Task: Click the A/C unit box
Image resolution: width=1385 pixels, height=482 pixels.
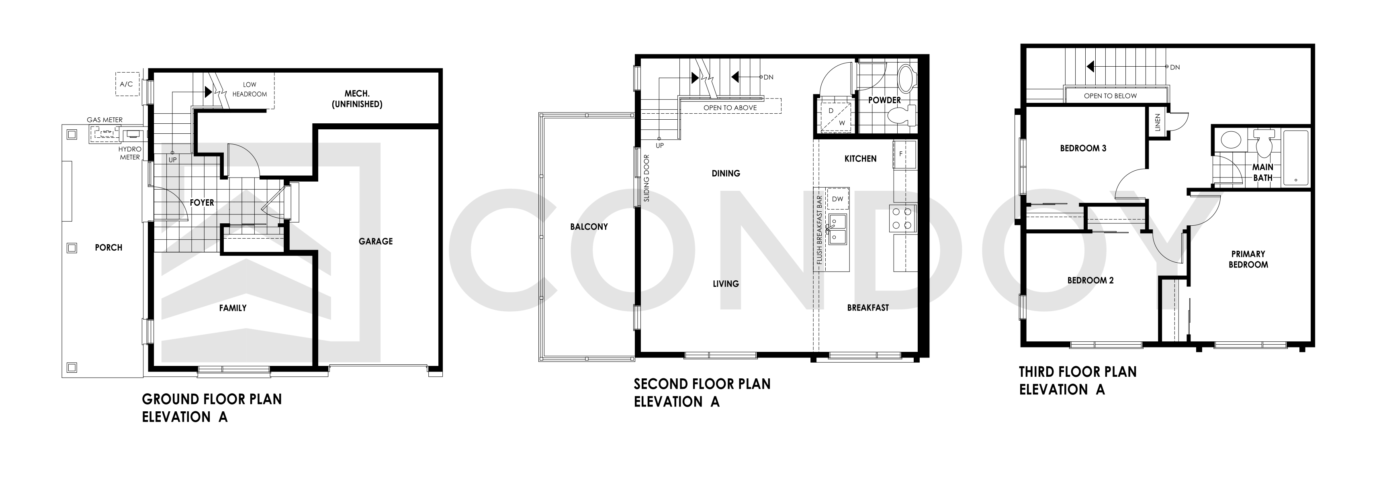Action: tap(127, 84)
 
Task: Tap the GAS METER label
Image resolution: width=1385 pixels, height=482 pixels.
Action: tap(105, 120)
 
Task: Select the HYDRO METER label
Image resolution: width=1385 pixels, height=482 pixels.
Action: tap(130, 153)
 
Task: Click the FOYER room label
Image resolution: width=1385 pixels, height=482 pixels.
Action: tap(202, 202)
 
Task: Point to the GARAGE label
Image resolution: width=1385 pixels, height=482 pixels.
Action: tap(376, 241)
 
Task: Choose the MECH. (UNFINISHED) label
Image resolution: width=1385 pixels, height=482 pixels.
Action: tap(357, 99)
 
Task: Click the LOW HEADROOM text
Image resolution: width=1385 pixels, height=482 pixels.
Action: tap(250, 89)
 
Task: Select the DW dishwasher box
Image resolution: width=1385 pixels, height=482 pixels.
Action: tap(838, 199)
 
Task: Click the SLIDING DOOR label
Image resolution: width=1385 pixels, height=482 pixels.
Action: tap(647, 178)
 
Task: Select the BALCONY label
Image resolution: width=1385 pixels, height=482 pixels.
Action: tap(589, 227)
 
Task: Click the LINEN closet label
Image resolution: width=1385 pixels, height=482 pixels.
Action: tap(1158, 123)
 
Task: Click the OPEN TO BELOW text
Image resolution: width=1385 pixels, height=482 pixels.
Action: tap(1110, 96)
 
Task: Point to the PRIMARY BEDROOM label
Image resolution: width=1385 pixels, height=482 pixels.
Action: tap(1248, 259)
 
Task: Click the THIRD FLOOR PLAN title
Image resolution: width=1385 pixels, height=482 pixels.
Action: tap(1078, 372)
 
